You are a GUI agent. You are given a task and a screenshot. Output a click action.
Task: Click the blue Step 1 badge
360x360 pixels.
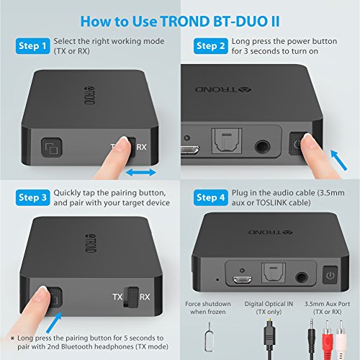33,46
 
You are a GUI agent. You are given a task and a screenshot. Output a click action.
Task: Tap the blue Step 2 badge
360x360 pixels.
211,46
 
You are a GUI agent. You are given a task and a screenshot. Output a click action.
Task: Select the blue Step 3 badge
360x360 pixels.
33,197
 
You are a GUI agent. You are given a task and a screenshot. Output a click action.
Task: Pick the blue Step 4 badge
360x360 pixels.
211,197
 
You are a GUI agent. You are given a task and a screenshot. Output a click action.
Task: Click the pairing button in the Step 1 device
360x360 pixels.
52,148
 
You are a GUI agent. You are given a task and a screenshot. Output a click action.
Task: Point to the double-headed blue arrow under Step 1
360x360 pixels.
141,172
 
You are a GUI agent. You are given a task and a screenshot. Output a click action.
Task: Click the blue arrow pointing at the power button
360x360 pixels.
338,160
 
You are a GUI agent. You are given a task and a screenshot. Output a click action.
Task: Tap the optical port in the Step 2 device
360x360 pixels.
227,141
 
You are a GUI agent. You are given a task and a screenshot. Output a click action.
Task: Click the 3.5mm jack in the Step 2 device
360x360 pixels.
262,146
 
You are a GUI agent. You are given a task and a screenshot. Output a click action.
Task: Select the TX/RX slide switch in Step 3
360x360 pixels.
131,297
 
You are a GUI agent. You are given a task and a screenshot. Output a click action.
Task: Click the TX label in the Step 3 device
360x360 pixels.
117,297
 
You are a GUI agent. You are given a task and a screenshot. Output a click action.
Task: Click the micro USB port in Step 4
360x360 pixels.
242,280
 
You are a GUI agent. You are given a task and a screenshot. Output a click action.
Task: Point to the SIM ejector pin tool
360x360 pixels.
210,337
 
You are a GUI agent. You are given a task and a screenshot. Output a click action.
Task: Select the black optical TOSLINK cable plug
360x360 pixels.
270,336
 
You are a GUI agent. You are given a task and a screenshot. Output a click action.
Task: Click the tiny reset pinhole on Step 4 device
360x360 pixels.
217,279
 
